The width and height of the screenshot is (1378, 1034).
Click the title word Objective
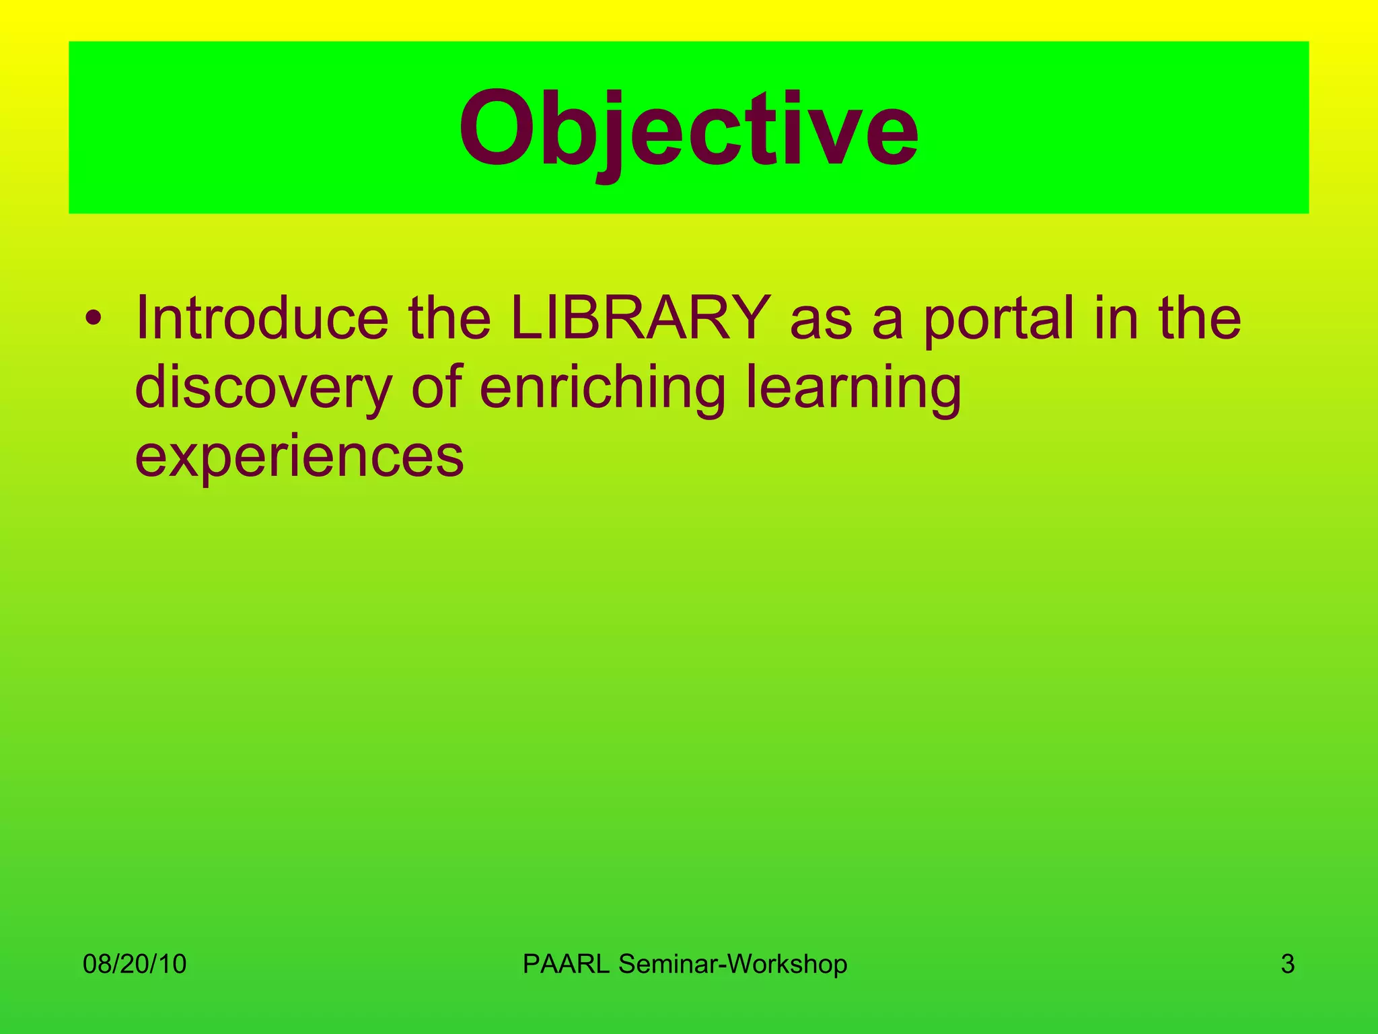688,129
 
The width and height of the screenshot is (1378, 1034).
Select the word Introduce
262,318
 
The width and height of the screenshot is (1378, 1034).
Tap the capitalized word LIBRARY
640,318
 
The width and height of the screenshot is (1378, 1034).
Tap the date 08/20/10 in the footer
135,964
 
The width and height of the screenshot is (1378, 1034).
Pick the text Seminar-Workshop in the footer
733,964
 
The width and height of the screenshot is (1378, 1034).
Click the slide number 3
1287,964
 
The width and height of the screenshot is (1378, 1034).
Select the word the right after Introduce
449,318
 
